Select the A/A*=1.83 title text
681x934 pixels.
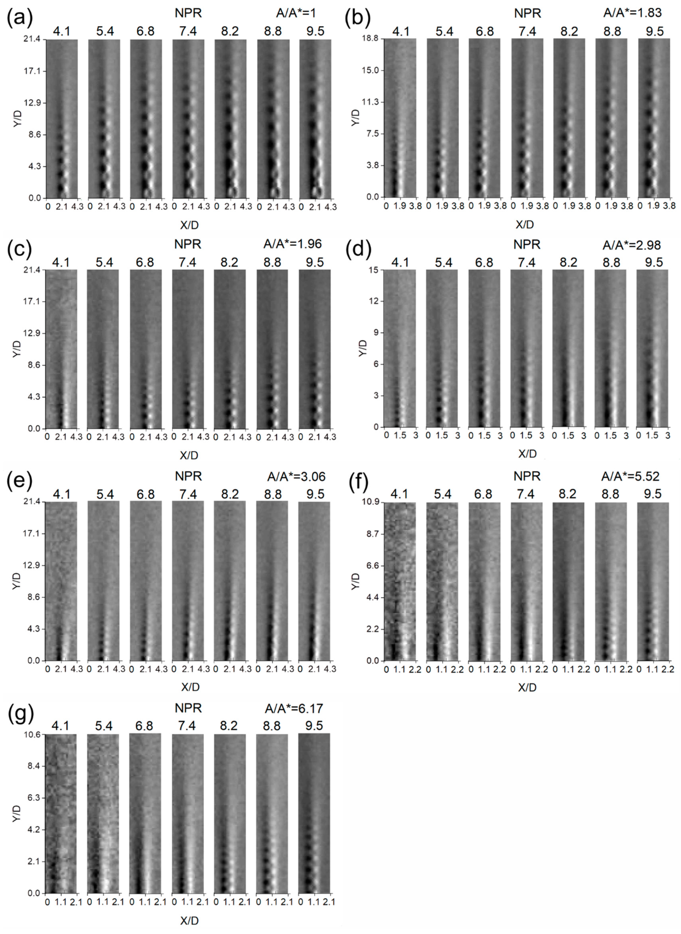point(632,13)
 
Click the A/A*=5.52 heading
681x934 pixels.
point(630,476)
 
